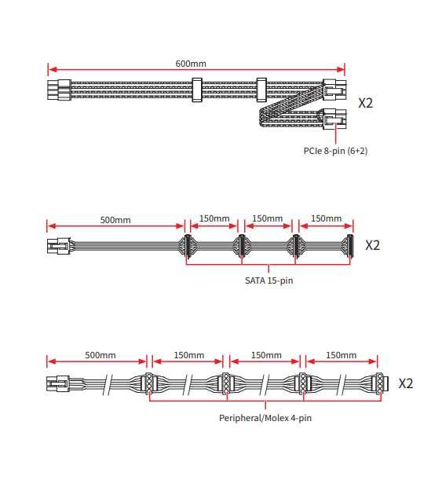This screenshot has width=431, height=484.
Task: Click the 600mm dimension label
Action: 191,64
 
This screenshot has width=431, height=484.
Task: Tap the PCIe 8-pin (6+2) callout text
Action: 335,151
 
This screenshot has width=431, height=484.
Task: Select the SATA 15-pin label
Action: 269,280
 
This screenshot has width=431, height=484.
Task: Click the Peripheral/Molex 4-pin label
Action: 265,418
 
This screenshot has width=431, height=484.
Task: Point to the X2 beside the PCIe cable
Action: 366,103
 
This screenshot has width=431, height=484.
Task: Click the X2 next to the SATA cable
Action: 372,245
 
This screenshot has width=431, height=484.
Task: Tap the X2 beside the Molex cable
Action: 406,383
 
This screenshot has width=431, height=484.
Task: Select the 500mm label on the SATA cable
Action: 115,220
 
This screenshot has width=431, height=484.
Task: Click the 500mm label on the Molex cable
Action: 100,355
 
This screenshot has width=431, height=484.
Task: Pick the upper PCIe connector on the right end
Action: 334,90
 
